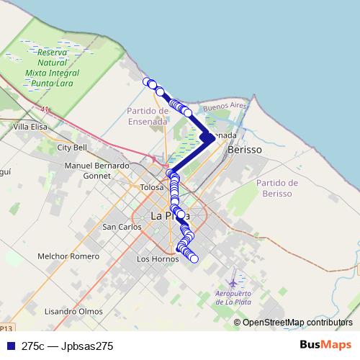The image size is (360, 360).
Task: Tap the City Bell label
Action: click(x=72, y=148)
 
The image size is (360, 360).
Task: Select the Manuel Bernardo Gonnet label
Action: click(x=97, y=170)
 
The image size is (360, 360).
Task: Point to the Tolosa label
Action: click(x=152, y=187)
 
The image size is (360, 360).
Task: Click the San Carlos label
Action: click(x=121, y=227)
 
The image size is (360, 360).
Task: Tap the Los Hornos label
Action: click(x=156, y=258)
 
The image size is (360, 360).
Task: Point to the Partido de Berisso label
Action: click(x=276, y=188)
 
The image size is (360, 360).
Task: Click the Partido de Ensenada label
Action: click(x=148, y=115)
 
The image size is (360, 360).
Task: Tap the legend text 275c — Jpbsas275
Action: click(x=68, y=346)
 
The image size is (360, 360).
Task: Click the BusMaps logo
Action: click(x=325, y=345)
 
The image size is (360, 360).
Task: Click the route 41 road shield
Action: click(x=45, y=109)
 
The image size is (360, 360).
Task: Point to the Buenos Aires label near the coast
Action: click(x=225, y=106)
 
